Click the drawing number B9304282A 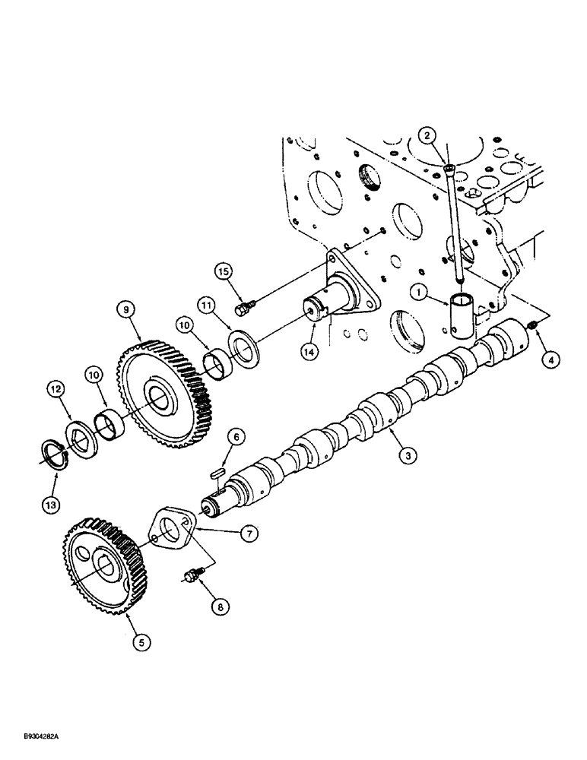coord(36,736)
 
